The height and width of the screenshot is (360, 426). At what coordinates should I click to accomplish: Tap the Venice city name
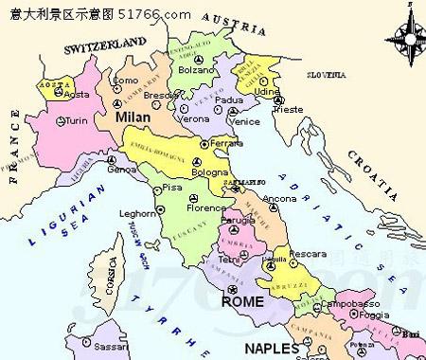coord(245,121)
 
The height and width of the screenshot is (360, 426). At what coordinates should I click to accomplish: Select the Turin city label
coord(76,121)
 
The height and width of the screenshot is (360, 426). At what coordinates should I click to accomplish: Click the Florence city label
coord(206,207)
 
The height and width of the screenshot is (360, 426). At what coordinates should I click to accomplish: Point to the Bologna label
coord(210,174)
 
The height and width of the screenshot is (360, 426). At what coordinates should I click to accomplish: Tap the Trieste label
coord(288,109)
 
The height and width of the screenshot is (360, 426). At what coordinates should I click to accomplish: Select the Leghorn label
coord(137,213)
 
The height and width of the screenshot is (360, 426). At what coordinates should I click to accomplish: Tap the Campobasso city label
coord(343,305)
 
